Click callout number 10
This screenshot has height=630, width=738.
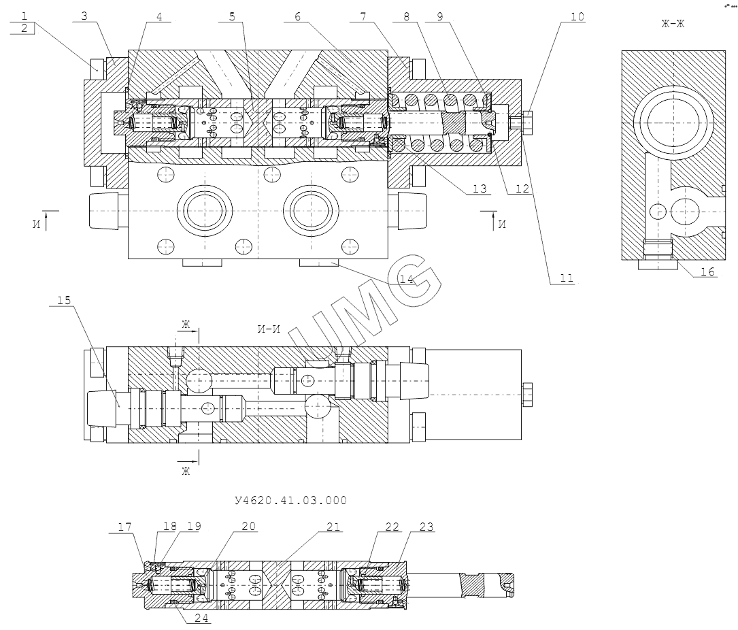[x=577, y=16]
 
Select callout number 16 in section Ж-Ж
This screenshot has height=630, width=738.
[x=708, y=271]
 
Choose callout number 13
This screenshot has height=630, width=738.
[x=481, y=188]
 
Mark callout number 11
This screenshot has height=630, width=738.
[x=567, y=278]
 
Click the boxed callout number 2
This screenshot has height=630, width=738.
[x=24, y=28]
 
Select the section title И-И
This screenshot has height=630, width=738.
[x=269, y=330]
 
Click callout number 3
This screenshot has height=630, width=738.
[x=84, y=16]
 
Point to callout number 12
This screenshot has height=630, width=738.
[x=522, y=188]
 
